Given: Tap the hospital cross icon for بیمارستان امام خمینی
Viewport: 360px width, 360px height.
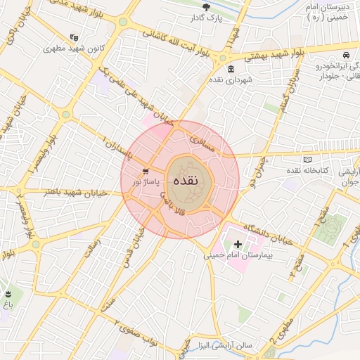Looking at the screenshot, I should (238, 245).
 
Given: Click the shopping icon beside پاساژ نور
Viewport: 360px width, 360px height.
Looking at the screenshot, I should (146, 171).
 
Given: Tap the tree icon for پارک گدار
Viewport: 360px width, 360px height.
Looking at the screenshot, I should (206, 7).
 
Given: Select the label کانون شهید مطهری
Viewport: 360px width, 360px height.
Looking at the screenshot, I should (69, 49).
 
